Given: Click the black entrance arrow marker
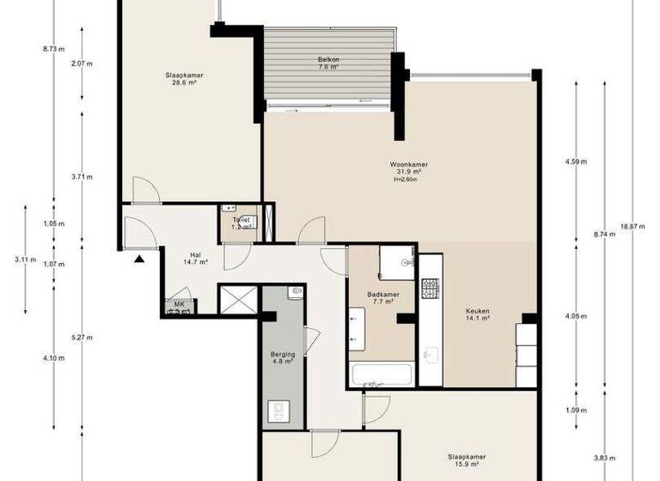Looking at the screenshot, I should (x=139, y=257).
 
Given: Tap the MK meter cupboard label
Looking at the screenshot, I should (x=179, y=305).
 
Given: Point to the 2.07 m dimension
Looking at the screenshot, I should (x=81, y=64).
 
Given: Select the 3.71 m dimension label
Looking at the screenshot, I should (x=81, y=177).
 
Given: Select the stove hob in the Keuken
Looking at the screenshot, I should (x=429, y=288).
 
